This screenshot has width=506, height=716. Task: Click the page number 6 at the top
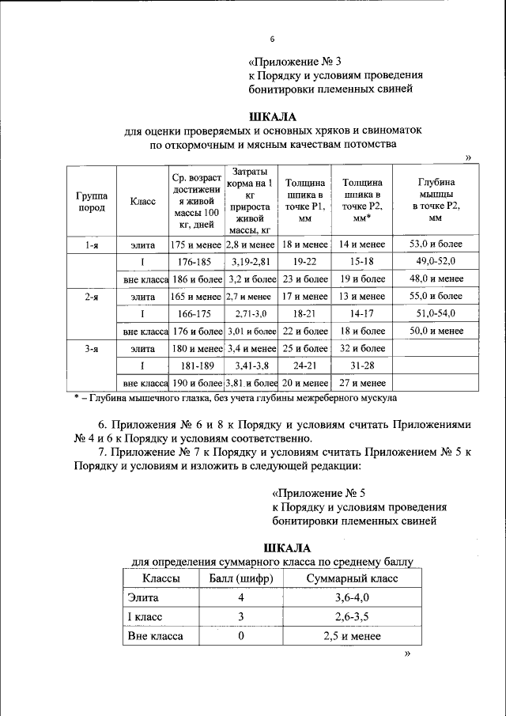272,39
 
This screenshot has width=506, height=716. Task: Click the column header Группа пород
92,202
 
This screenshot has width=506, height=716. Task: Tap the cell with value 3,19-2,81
251,261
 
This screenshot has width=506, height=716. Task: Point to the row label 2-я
92,296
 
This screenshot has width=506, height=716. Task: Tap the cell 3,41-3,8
251,366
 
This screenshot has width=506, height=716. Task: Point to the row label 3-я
92,348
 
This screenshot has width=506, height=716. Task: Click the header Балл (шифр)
240,579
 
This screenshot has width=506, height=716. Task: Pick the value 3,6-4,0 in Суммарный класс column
352,598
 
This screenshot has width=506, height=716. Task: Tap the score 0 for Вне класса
240,636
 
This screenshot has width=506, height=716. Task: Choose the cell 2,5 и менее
352,636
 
